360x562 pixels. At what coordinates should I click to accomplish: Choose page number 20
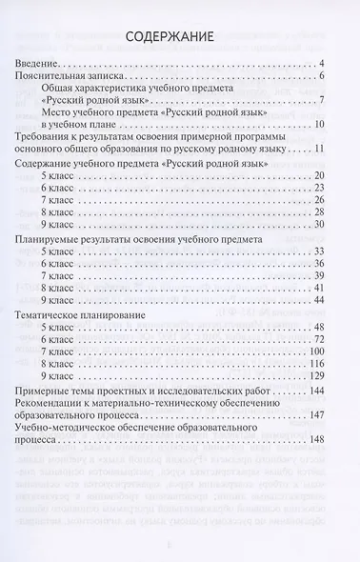click(x=319, y=180)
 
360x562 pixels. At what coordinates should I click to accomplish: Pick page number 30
click(x=319, y=225)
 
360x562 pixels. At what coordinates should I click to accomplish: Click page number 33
click(x=319, y=251)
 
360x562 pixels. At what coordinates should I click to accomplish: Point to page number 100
click(x=316, y=351)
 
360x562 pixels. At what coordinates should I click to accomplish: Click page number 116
click(x=316, y=364)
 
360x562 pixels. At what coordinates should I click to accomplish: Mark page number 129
click(x=316, y=376)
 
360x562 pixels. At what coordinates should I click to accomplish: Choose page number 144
click(x=316, y=392)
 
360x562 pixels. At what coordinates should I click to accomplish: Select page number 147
click(x=316, y=416)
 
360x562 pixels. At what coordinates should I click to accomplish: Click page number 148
click(x=316, y=440)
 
